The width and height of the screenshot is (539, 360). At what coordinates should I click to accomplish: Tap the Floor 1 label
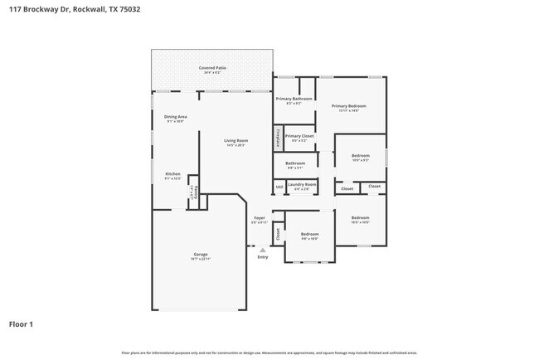tap(22, 324)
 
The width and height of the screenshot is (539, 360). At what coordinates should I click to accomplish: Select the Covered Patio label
tap(212, 67)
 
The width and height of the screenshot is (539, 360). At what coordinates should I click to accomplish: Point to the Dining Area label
tap(175, 117)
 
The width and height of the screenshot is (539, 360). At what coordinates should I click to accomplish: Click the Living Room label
tap(236, 140)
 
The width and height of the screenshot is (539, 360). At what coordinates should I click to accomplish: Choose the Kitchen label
tap(172, 173)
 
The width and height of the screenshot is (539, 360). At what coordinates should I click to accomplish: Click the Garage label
tap(201, 254)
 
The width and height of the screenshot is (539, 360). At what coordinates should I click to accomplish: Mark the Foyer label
tap(259, 218)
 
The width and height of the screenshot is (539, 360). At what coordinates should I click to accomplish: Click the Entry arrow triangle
tap(262, 248)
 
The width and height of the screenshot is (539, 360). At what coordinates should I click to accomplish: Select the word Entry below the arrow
tap(262, 257)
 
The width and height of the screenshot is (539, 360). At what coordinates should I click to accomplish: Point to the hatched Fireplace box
tap(278, 137)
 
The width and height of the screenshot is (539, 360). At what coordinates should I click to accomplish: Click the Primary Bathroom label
tap(294, 99)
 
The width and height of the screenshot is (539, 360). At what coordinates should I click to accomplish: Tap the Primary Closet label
tap(299, 136)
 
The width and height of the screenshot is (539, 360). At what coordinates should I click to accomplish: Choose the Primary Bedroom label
tap(348, 105)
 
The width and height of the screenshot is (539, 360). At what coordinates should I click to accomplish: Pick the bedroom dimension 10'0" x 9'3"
tap(360, 160)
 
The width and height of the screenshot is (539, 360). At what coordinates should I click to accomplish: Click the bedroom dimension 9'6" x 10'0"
tap(309, 238)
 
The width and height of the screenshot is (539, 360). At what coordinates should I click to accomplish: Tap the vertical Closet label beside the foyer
tap(278, 234)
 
